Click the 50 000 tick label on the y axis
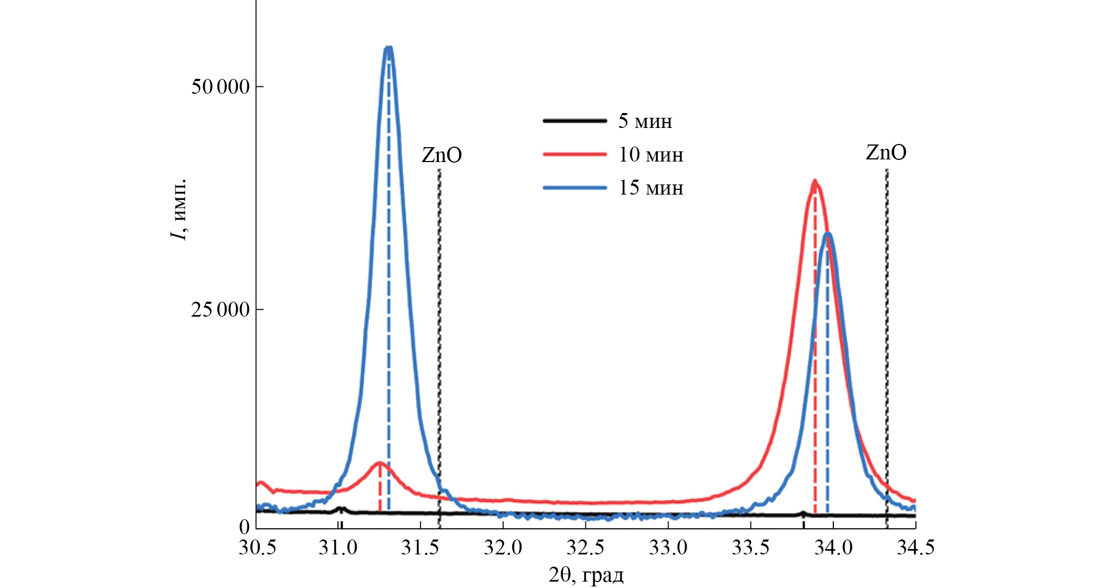(220, 86)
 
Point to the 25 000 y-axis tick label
(220, 309)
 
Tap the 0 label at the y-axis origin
(244, 527)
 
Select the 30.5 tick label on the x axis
(257, 547)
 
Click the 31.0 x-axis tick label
(338, 547)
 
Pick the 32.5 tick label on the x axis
(585, 547)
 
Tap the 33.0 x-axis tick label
(667, 547)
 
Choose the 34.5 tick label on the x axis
(915, 547)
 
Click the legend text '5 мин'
(645, 121)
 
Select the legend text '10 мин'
(650, 155)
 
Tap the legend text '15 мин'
(650, 188)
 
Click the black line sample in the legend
(575, 121)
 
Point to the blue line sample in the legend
(575, 188)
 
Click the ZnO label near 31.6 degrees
(441, 155)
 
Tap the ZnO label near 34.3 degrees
(886, 152)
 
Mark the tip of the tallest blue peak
(389, 48)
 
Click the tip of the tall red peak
(814, 181)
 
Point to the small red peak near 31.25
(380, 463)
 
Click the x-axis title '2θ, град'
(586, 575)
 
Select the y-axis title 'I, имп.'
(179, 210)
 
